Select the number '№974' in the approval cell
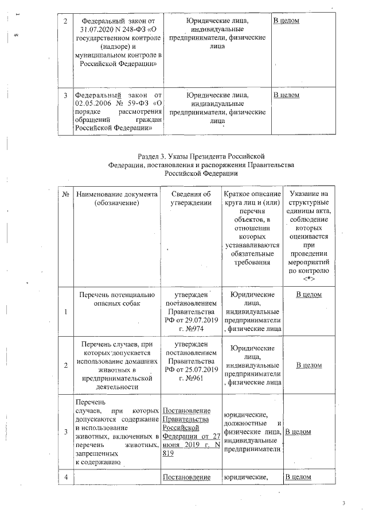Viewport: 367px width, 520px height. tap(198, 328)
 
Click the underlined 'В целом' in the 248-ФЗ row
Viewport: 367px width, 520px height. tap(286, 21)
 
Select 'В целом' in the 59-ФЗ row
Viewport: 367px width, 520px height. tap(286, 95)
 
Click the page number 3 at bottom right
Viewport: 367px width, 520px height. tap(344, 503)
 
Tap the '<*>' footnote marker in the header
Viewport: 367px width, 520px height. tap(310, 279)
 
